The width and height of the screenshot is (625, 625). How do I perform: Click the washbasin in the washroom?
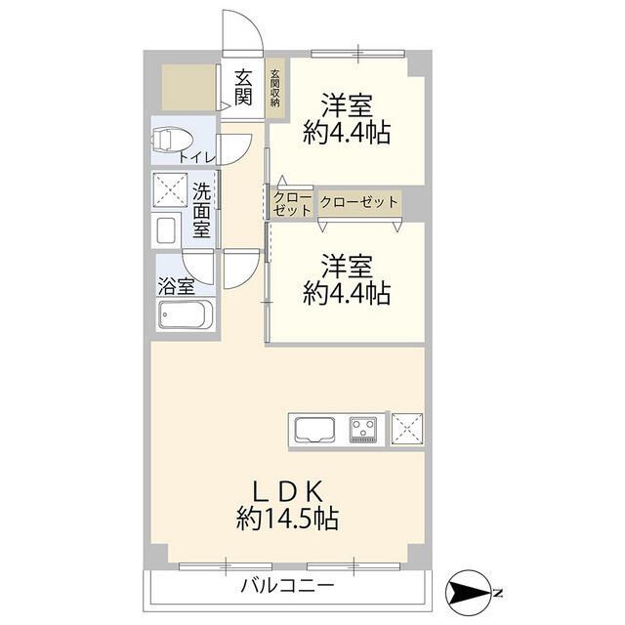tap(166, 230)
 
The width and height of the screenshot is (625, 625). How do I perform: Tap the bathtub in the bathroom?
tap(185, 314)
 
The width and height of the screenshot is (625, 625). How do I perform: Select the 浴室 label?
tap(177, 287)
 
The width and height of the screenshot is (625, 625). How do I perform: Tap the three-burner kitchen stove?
tap(365, 428)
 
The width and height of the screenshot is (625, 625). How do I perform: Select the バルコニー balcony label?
tap(287, 586)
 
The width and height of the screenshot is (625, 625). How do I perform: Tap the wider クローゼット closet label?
tap(358, 202)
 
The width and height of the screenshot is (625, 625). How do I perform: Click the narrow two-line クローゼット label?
tap(292, 203)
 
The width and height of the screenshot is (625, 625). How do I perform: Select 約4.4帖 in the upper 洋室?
tap(347, 132)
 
